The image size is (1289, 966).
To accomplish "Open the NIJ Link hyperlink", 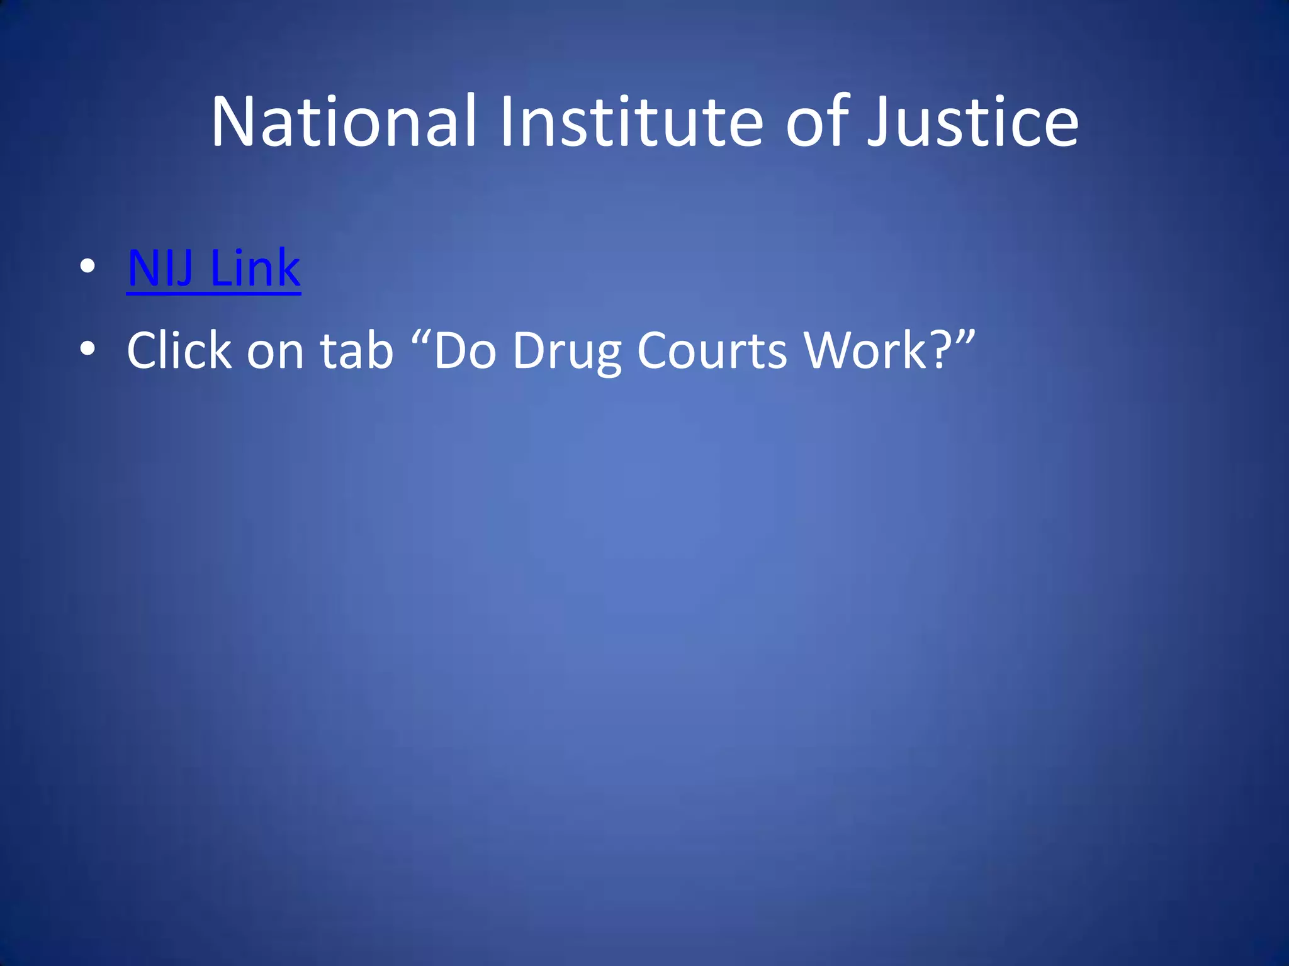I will pyautogui.click(x=213, y=269).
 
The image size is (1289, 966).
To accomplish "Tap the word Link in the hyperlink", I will pyautogui.click(x=255, y=269).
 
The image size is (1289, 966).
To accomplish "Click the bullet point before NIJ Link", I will pyautogui.click(x=87, y=266).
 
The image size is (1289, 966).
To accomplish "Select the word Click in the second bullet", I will pyautogui.click(x=179, y=350).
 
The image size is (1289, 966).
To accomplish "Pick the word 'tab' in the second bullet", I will pyautogui.click(x=356, y=350).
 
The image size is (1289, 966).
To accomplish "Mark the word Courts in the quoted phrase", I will pyautogui.click(x=711, y=350).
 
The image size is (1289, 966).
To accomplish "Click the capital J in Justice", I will pyautogui.click(x=877, y=123).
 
